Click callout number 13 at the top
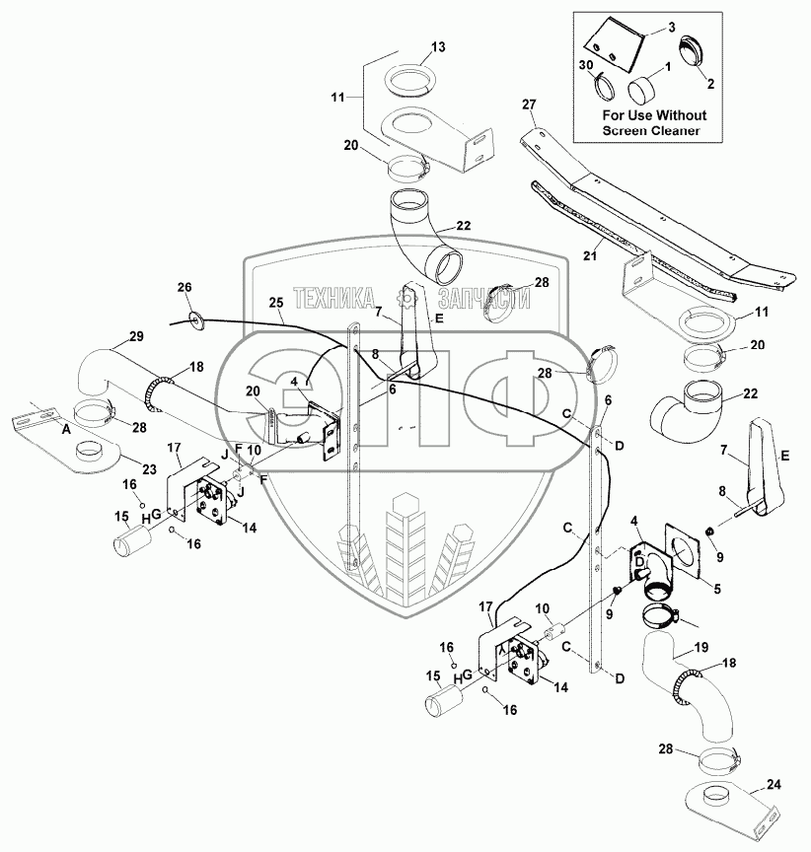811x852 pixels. click(438, 47)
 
